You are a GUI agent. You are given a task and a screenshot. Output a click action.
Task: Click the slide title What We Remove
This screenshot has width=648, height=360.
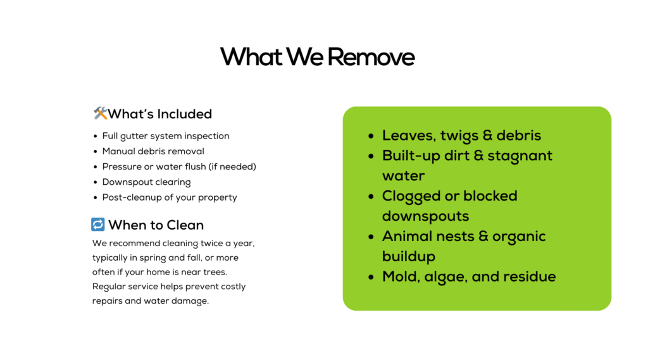point(317,56)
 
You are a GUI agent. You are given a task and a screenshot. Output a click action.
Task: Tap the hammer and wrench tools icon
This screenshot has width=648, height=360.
point(100,113)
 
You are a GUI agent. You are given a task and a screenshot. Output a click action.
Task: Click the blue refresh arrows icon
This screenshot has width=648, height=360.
point(98,225)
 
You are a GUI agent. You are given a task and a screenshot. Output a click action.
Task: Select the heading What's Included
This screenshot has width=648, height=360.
point(160,114)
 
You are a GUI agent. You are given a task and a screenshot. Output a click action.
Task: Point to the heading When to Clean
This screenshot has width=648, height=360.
point(156,225)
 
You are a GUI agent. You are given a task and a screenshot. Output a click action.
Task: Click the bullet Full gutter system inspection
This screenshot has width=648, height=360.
point(166,136)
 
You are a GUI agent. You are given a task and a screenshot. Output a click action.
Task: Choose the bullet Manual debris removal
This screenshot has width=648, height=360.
point(153,151)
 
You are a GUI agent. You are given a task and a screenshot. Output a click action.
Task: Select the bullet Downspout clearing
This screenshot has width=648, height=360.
point(146,182)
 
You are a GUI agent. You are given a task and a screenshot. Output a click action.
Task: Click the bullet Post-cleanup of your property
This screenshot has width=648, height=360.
point(170,197)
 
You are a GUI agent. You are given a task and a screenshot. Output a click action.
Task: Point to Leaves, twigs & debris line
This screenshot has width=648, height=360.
point(461,135)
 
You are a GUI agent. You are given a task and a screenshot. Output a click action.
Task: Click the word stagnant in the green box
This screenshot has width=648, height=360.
point(520,156)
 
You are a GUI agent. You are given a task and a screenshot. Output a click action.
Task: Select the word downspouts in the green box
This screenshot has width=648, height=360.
point(426,216)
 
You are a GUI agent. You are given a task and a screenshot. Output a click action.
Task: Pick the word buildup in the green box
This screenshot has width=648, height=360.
point(409,257)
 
